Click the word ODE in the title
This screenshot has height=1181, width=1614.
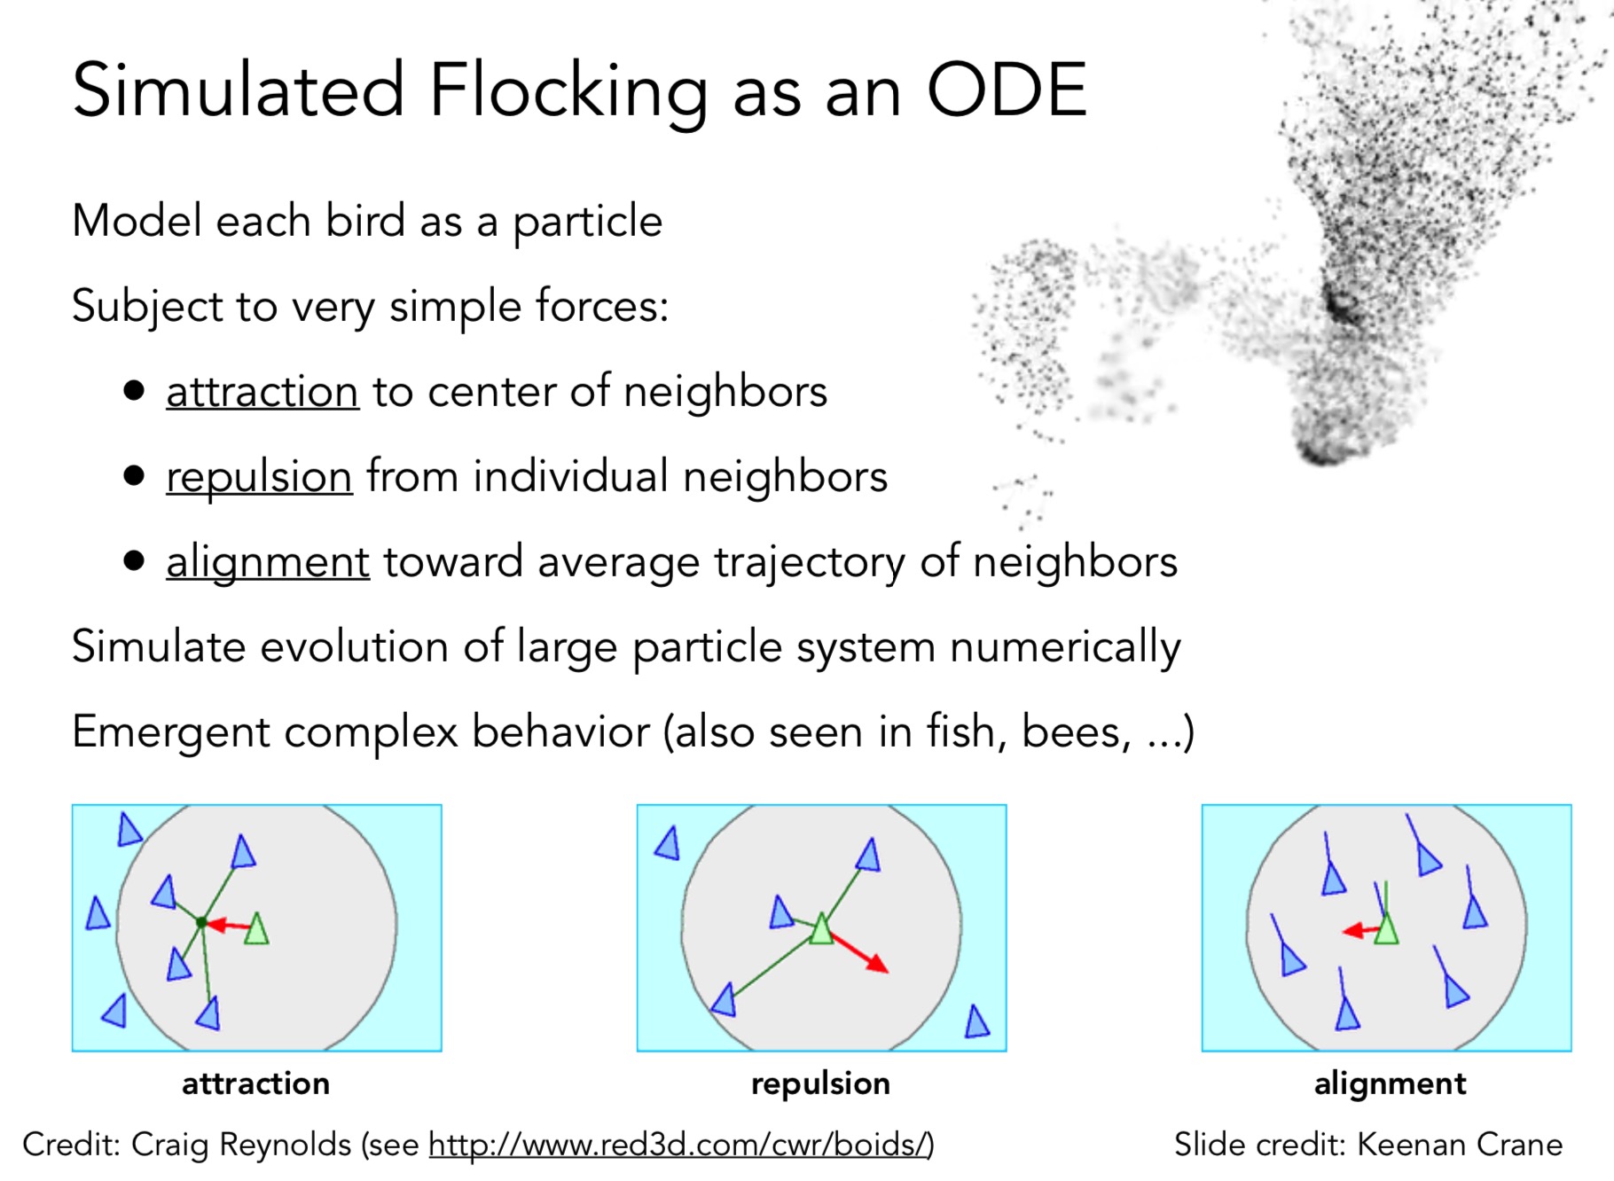1007,90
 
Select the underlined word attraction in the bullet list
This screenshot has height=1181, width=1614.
262,391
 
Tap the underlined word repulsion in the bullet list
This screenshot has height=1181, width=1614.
259,478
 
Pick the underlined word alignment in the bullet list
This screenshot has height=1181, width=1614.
268,563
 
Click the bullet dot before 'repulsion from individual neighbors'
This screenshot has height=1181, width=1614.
134,476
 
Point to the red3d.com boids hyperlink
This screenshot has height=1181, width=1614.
681,1145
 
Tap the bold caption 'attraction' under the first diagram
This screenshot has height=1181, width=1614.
255,1083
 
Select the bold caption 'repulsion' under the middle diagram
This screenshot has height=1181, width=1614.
820,1084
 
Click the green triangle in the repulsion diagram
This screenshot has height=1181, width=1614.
821,928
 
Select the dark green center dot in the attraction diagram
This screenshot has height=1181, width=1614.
201,923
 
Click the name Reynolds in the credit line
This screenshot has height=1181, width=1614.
286,1146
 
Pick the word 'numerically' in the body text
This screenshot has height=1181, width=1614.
1065,648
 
